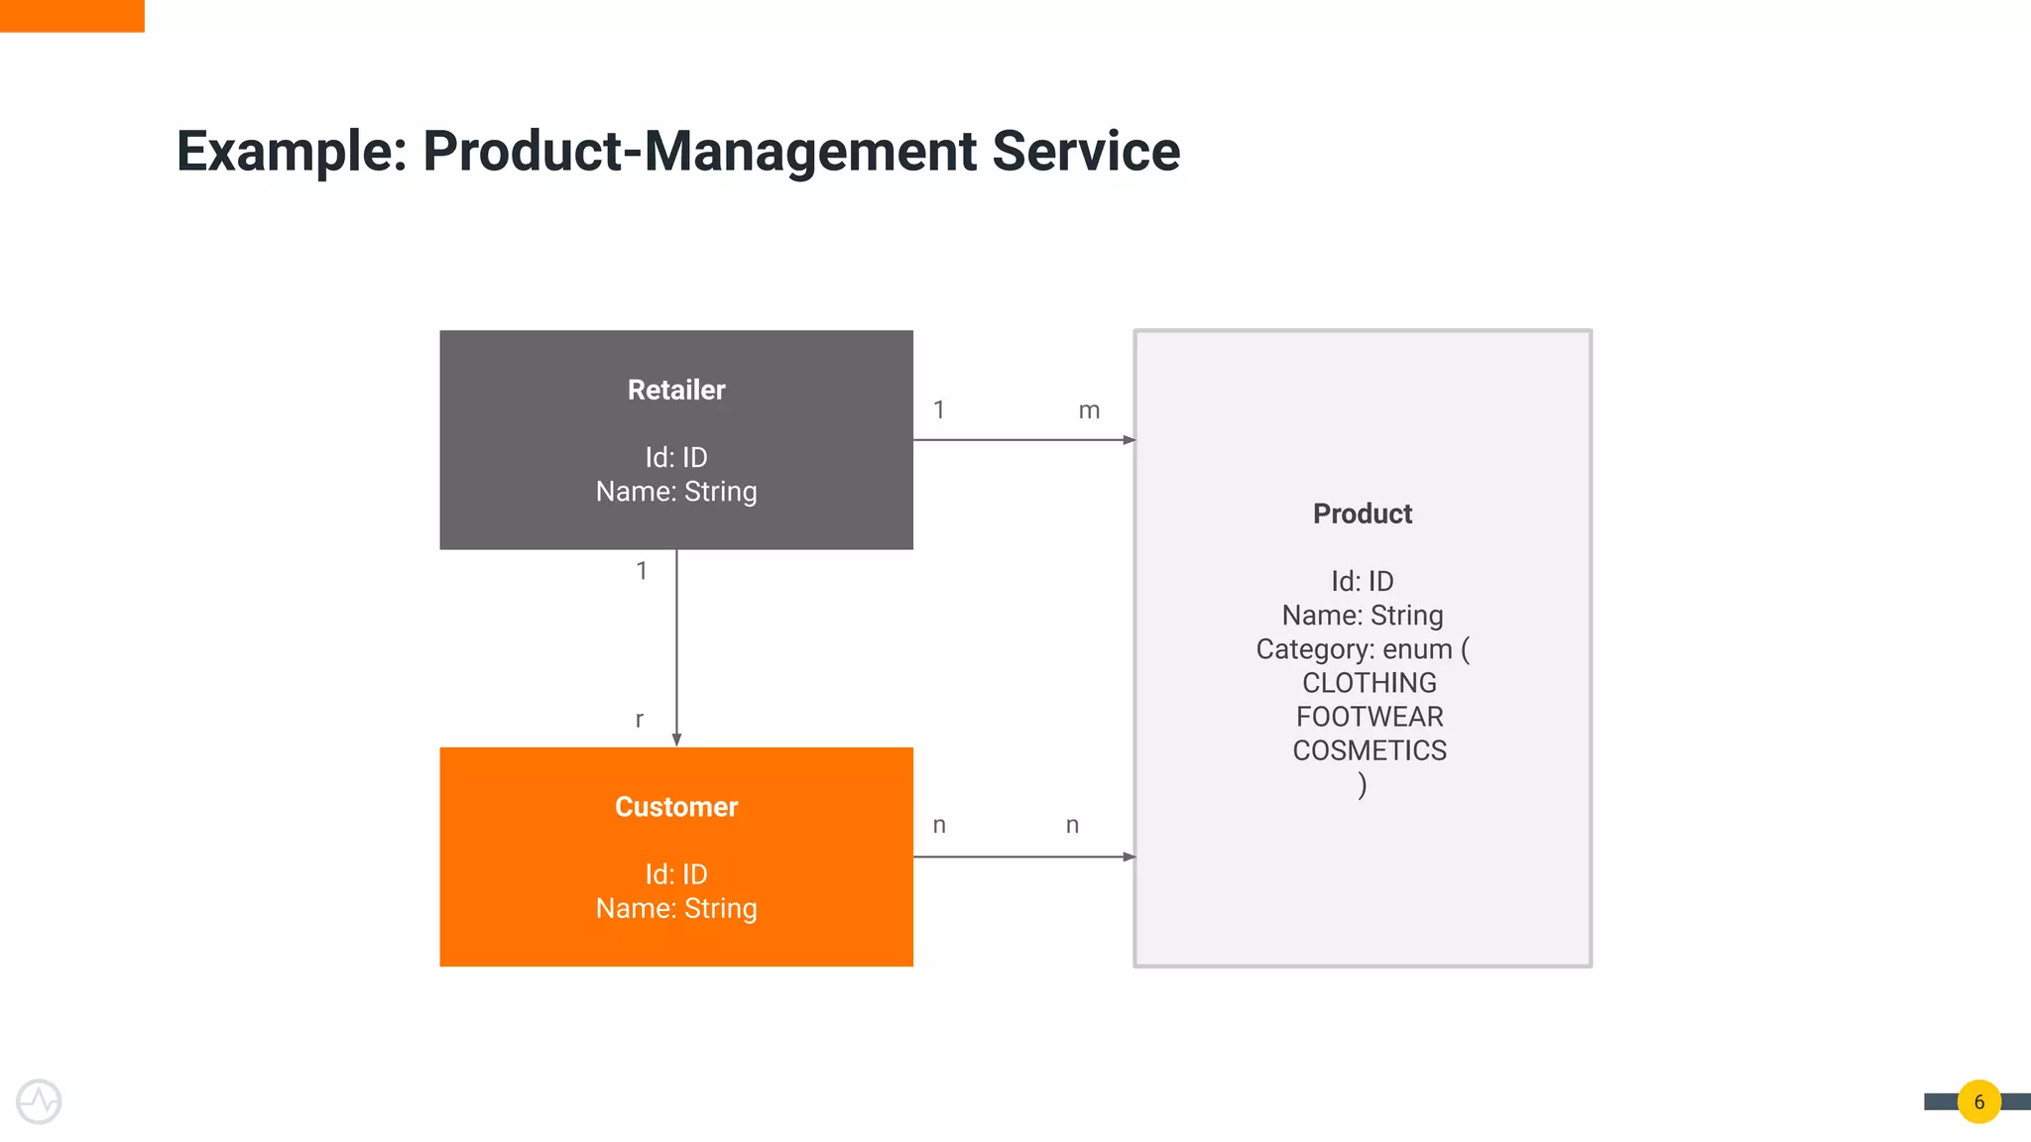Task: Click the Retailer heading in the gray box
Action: (676, 390)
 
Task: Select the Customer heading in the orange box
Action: (676, 807)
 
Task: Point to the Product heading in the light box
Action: (1362, 514)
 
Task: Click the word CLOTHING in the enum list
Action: (1369, 683)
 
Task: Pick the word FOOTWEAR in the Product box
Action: (1369, 717)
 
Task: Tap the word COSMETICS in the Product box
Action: (1369, 750)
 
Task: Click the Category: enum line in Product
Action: (1362, 649)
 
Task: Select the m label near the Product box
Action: (1089, 410)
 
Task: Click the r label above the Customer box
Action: (640, 720)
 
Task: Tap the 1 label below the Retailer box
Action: (642, 571)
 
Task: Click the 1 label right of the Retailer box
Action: (939, 409)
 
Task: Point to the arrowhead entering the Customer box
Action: (676, 740)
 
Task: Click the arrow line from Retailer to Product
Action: (1021, 440)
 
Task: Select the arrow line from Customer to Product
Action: (1021, 856)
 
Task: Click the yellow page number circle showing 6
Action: (1978, 1101)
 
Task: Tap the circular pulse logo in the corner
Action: (40, 1101)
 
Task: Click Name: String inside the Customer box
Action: (676, 908)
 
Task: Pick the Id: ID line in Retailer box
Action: (676, 457)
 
